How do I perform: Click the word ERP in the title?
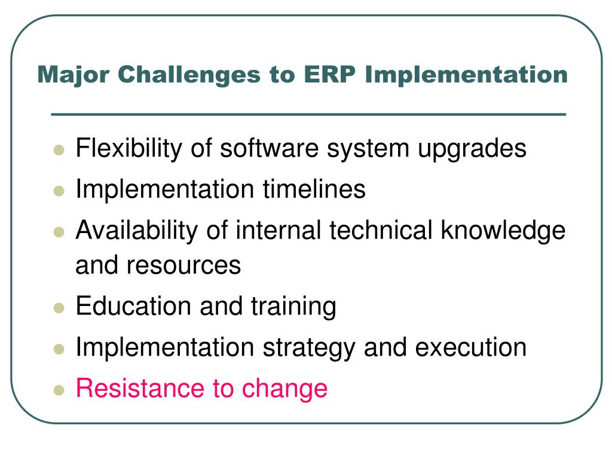[329, 74]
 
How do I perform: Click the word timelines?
[314, 189]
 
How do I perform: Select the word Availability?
[137, 230]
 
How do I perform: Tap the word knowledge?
[503, 230]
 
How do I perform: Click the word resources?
[183, 266]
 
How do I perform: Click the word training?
[293, 307]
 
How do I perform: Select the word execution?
[471, 347]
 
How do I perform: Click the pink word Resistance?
[140, 388]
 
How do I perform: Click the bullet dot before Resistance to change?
[59, 390]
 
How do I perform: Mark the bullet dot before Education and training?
[59, 308]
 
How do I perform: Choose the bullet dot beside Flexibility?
[59, 150]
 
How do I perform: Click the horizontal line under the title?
[308, 114]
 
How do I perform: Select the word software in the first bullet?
[269, 148]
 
